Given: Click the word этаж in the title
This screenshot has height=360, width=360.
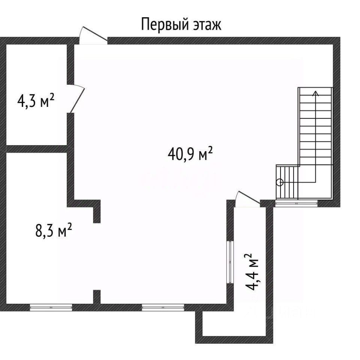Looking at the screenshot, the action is point(207,25).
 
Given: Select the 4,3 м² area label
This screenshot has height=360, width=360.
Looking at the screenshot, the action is point(36,100).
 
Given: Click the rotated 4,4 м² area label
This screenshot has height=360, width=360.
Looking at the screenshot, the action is point(252,272).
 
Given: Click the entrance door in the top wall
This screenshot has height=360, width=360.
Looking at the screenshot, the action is point(93,36).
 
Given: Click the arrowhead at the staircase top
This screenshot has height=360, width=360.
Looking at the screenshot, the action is point(316,93).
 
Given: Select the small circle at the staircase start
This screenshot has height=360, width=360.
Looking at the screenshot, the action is point(280,183).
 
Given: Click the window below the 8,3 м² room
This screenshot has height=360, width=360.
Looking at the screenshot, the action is point(51,307).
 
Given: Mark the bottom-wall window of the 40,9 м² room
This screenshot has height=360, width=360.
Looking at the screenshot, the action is point(163,307).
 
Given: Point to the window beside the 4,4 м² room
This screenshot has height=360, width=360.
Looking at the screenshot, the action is point(230,262).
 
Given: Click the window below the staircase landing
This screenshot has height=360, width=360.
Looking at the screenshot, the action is point(296,203).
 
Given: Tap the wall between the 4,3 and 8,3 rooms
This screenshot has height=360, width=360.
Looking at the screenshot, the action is point(37,149).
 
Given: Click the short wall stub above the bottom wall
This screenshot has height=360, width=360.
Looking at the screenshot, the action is point(97,297).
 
